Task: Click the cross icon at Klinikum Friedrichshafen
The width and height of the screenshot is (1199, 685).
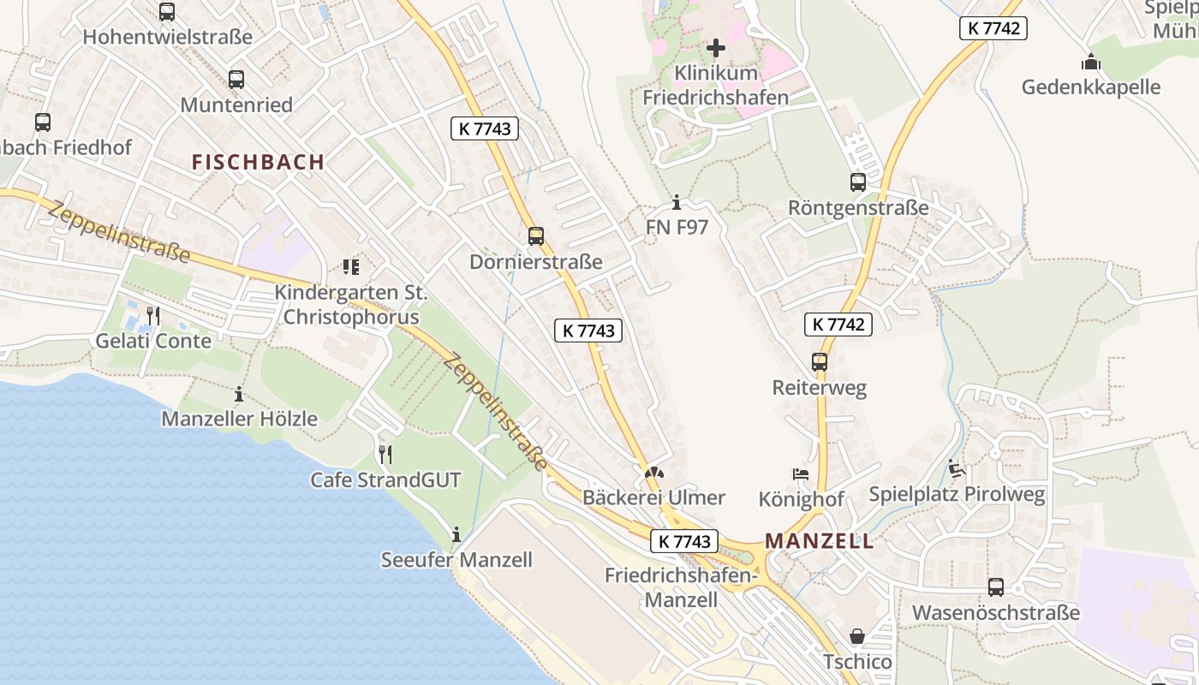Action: coord(716,47)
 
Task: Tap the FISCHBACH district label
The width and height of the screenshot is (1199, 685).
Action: coord(258,162)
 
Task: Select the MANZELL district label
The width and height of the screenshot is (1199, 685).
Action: coord(820,541)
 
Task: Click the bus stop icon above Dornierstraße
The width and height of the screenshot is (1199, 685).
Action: coord(536,235)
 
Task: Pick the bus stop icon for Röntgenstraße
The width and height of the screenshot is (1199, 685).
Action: coord(857,182)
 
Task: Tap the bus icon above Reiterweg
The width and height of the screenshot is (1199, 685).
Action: coord(820,361)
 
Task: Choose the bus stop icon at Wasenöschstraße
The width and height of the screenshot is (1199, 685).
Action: coord(995,587)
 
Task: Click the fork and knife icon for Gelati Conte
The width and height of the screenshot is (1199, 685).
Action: coord(153,315)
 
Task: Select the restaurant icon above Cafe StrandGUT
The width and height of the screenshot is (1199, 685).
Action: coord(385,454)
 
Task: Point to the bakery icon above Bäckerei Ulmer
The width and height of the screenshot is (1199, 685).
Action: coord(653,472)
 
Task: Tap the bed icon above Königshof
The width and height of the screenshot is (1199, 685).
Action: coord(801,474)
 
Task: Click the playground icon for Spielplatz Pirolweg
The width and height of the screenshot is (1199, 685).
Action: coord(957,468)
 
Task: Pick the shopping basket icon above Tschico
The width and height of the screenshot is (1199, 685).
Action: coord(856,636)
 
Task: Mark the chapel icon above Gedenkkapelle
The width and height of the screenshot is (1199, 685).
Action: coord(1090,62)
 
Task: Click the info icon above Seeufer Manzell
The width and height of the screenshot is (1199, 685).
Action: coord(456,535)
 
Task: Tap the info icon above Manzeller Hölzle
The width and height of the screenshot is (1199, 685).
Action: coord(239,394)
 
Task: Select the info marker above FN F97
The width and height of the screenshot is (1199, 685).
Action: coord(677,202)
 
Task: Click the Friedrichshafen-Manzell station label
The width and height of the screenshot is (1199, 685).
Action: coord(680,587)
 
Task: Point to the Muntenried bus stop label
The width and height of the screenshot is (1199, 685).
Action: coord(236,104)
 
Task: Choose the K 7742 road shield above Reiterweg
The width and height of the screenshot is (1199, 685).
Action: coord(838,325)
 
